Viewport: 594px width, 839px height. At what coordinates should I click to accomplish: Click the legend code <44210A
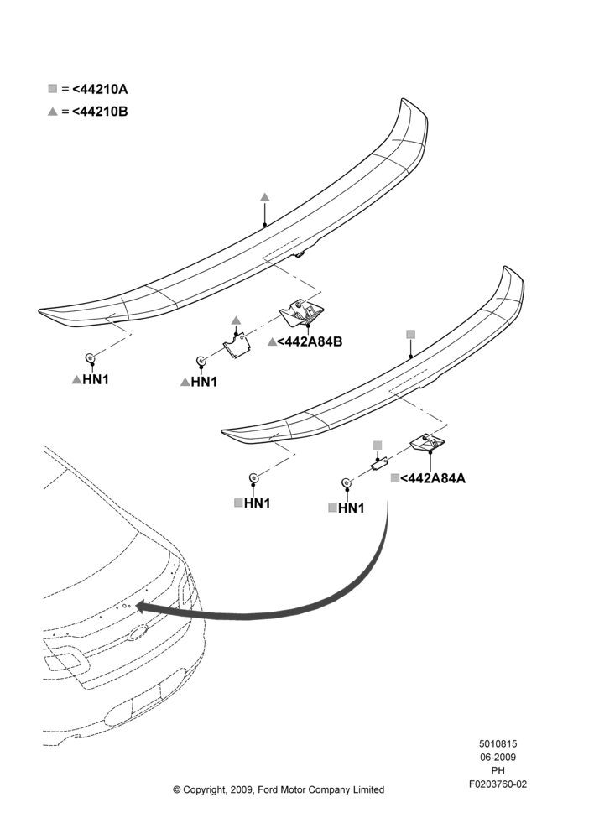pos(100,89)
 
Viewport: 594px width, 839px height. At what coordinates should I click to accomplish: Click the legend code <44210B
pos(100,112)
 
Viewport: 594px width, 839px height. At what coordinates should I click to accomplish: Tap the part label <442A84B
pos(310,341)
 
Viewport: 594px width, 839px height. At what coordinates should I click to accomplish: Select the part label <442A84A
pos(433,478)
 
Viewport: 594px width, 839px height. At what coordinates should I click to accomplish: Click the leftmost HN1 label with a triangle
pos(96,379)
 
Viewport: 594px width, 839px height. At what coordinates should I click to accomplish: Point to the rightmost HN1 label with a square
pos(351,508)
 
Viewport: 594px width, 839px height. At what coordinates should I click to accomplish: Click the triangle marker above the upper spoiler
pos(265,197)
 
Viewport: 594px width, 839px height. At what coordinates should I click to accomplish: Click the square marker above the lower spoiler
pos(410,335)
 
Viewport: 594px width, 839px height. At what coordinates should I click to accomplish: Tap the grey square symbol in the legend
pos(53,88)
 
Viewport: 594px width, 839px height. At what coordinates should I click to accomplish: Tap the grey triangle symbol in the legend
pos(53,112)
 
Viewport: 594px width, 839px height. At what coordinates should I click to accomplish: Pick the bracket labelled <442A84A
pos(428,442)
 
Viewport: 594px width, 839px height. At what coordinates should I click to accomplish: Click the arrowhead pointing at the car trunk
pos(144,606)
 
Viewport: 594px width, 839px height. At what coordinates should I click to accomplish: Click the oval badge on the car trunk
pos(138,634)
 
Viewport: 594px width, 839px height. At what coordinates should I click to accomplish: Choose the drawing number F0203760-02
pos(498,784)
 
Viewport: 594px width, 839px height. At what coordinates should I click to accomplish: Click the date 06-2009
pos(498,757)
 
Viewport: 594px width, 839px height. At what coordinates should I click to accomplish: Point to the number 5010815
pos(498,743)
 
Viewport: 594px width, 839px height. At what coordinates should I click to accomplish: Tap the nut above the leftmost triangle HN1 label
pos(90,357)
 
